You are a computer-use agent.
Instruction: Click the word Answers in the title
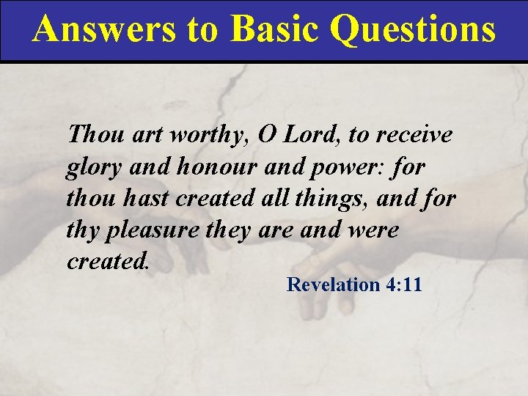tap(103, 29)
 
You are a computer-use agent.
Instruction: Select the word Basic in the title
tap(274, 29)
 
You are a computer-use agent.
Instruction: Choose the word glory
tap(92, 168)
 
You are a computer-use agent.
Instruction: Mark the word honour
tap(216, 166)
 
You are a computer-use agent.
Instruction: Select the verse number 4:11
tap(403, 285)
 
